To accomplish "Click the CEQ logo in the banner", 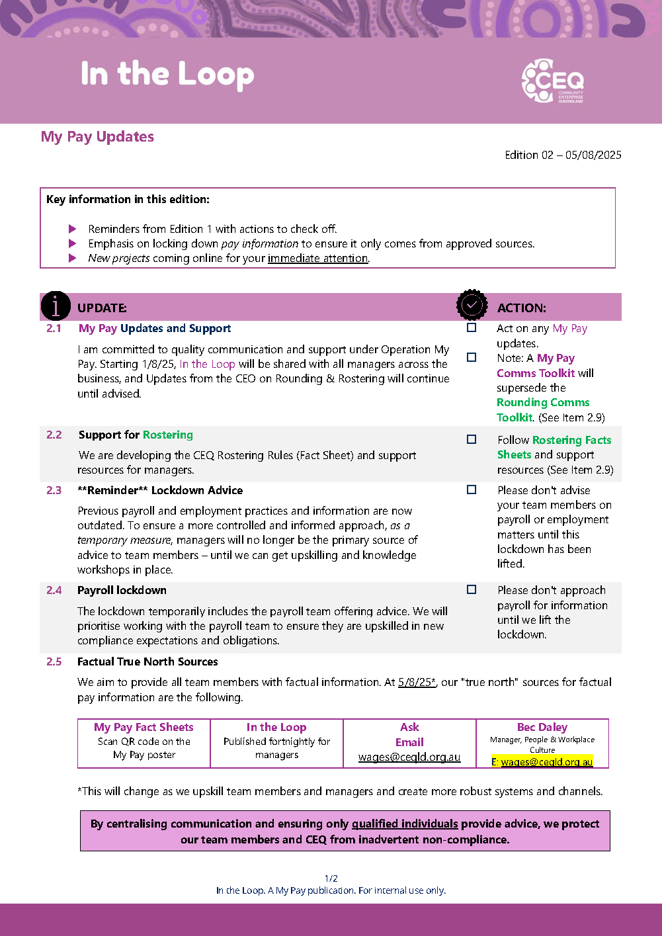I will tap(552, 81).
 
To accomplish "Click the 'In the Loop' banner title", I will tap(167, 75).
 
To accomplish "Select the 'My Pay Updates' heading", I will tap(97, 137).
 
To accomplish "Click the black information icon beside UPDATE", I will tap(56, 306).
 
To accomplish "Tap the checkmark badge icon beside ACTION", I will tap(472, 305).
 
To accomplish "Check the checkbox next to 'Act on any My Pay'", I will tap(472, 327).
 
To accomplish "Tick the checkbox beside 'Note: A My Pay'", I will tap(472, 357).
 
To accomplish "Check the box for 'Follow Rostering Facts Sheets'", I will tap(472, 439).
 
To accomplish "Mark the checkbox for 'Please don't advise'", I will tap(472, 489).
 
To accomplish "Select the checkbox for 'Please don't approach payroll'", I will tap(472, 589).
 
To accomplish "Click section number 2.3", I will tap(54, 490).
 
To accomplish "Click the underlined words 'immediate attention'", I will tap(317, 258).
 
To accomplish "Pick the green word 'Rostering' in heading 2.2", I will tap(168, 435).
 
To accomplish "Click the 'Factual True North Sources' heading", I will tap(147, 661).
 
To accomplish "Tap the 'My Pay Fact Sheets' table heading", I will tap(144, 727).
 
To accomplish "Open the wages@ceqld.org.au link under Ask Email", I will tap(409, 757).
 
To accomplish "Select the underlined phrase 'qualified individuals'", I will tap(405, 824).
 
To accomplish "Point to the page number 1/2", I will tap(331, 878).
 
